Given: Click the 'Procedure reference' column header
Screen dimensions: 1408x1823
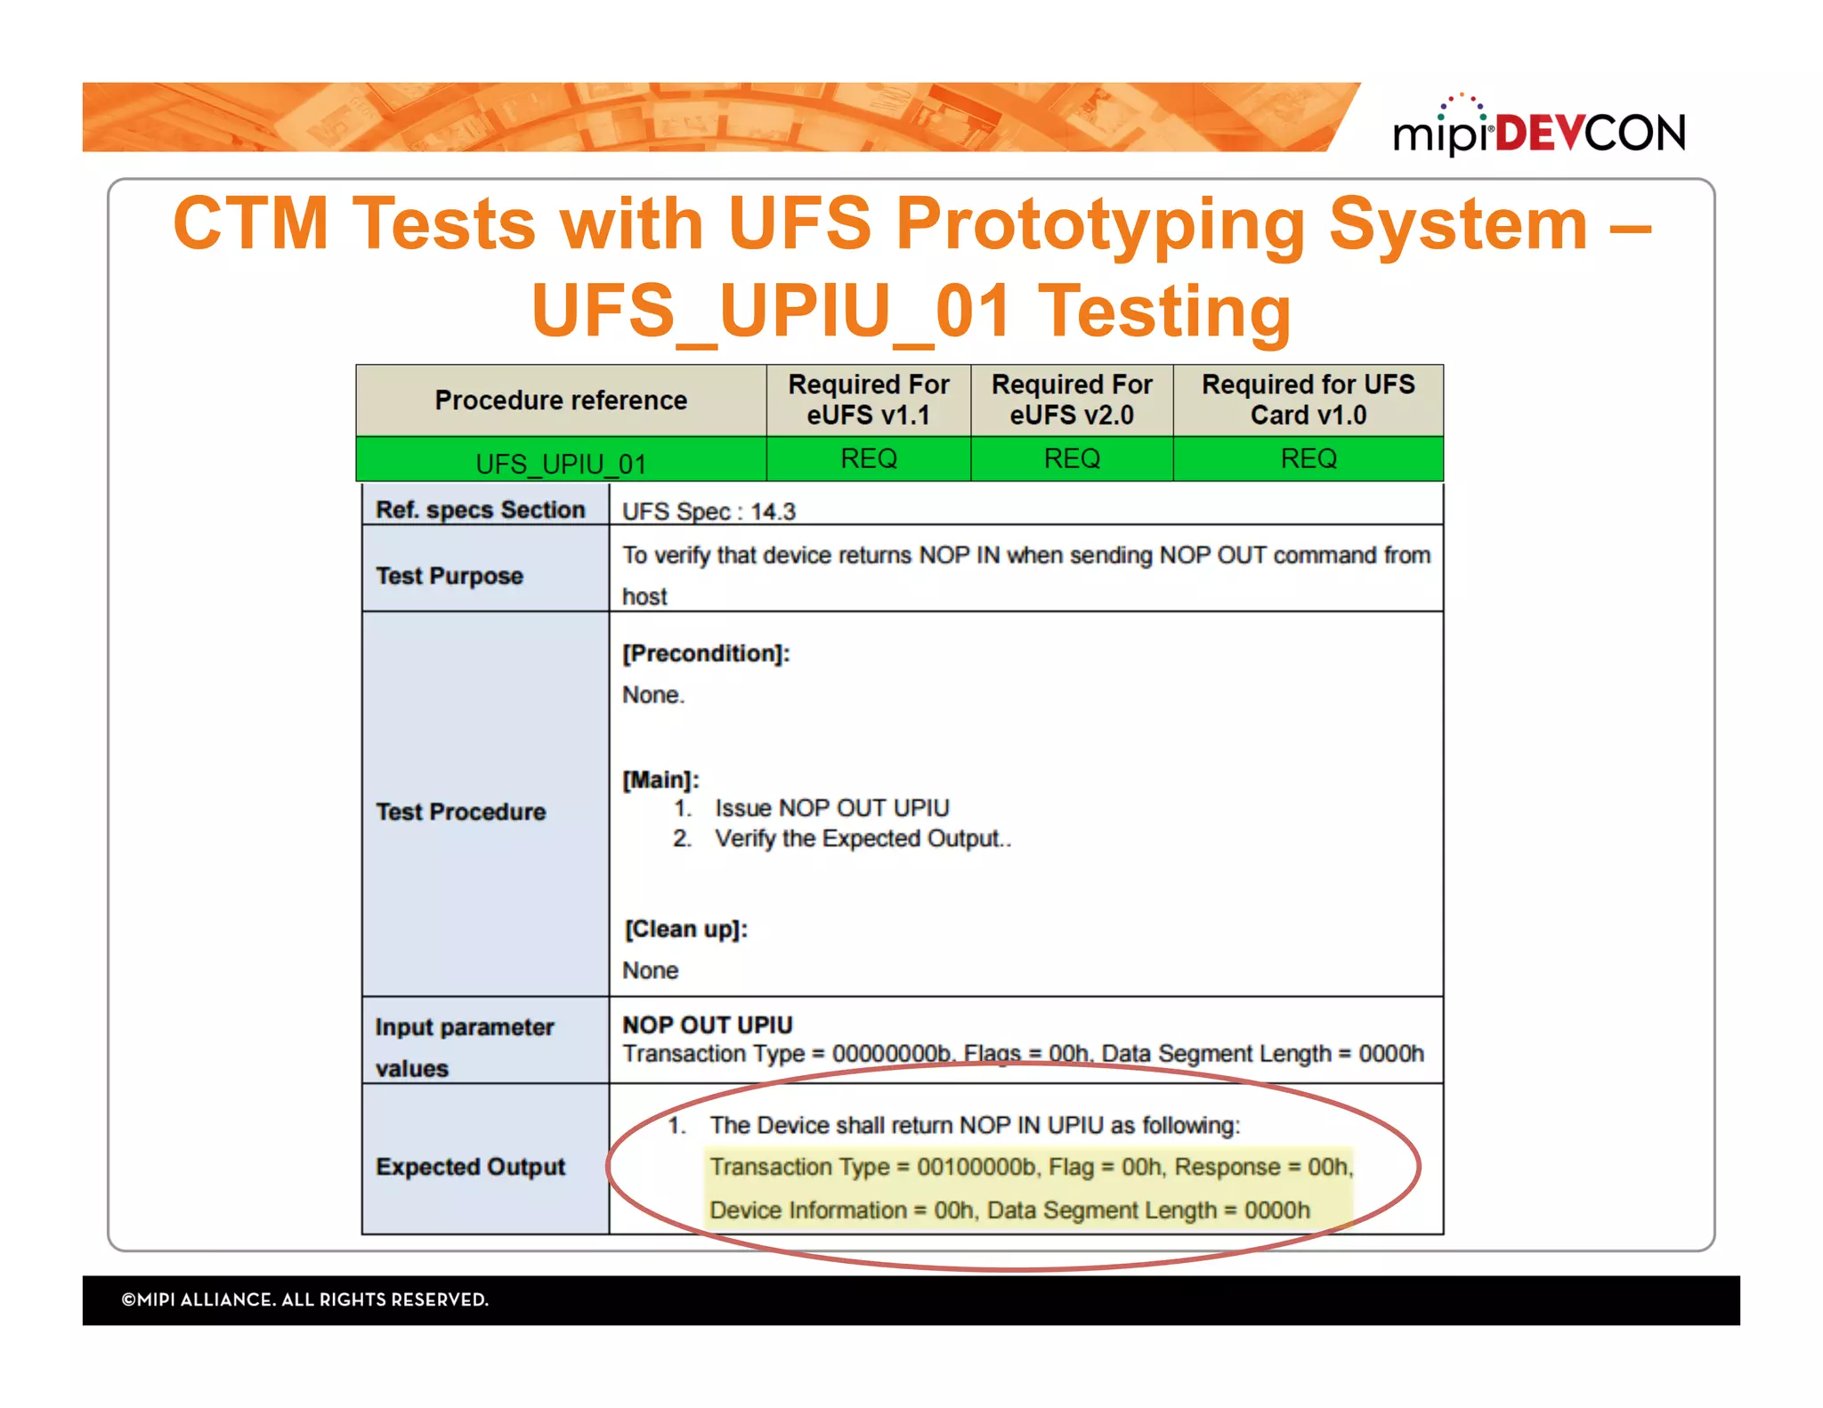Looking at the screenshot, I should pos(561,401).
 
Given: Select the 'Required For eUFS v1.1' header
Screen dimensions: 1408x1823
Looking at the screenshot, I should pos(868,400).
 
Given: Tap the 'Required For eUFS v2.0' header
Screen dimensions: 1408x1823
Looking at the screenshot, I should pos(1072,400).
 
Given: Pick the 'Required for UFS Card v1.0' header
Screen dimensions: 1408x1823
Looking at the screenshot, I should pos(1308,400).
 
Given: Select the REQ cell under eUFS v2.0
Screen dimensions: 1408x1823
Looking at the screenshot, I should pos(1072,458).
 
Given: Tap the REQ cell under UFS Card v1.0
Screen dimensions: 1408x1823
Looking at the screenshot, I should pos(1308,458).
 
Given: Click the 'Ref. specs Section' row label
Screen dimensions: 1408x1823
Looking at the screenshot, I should pos(480,510).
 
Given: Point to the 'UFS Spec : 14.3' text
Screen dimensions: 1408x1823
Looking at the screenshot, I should pos(709,512).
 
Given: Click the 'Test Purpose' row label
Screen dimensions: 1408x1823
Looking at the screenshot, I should pos(450,576).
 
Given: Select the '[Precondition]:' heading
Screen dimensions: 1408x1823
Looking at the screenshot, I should pos(706,653).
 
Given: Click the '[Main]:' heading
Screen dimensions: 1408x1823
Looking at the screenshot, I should pos(660,780).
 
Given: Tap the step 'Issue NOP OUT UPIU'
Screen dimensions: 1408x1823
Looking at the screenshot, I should pos(831,808).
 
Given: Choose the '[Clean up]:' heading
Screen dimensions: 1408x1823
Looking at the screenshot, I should pos(685,929).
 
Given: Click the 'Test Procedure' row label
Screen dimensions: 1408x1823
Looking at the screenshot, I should pos(460,812).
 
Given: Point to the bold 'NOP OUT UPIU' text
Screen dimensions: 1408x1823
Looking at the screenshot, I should pos(707,1025).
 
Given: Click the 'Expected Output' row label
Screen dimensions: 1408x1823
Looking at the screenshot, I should pos(470,1167).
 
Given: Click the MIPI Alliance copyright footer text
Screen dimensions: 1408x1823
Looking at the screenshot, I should pos(305,1299).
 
